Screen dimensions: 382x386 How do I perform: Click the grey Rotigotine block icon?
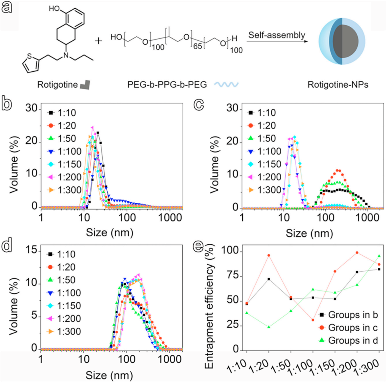click(85, 85)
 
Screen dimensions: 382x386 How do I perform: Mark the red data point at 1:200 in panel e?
click(357, 253)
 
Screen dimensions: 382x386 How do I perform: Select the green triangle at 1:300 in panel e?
click(379, 256)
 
